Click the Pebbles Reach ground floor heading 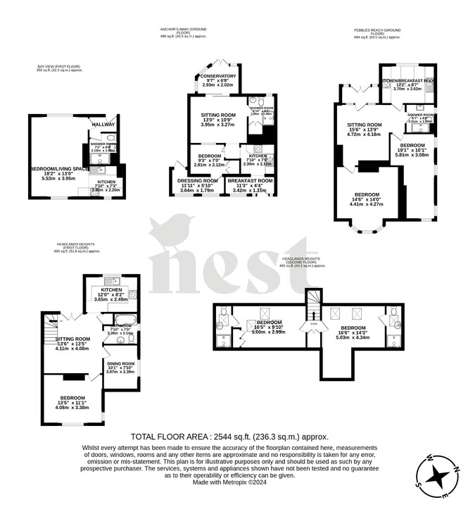click(378, 32)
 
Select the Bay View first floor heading click(60, 68)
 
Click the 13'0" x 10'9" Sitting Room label click(218, 120)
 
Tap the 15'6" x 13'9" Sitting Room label click(364, 130)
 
